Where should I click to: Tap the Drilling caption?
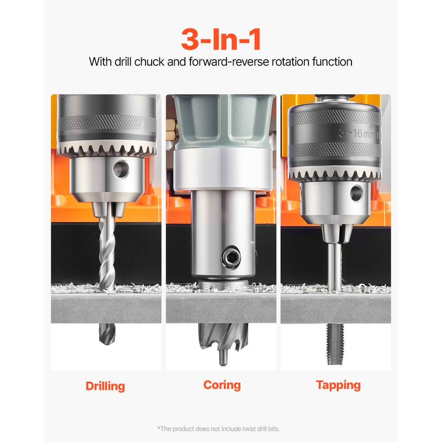[105, 386]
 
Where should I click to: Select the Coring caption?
[222, 385]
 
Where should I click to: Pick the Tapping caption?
[338, 385]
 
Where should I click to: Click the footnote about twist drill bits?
[218, 428]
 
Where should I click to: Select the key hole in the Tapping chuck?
[356, 193]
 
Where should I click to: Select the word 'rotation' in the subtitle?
[282, 61]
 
